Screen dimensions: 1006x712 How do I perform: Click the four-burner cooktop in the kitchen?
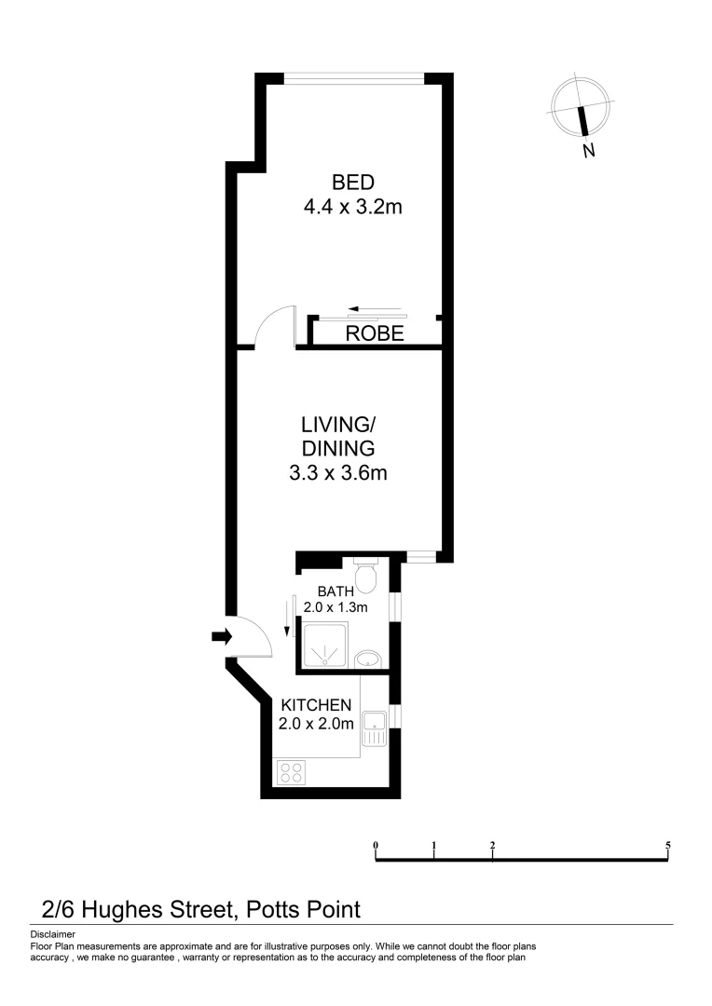click(x=291, y=771)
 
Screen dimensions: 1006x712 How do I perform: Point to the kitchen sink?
click(x=376, y=727)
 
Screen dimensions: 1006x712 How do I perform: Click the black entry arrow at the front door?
click(x=221, y=636)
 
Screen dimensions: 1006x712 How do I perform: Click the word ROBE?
click(x=375, y=333)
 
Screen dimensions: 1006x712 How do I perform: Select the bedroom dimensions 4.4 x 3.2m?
click(x=352, y=207)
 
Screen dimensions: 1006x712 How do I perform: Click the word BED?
click(x=352, y=182)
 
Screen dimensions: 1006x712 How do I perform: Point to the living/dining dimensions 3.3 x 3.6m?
click(x=337, y=473)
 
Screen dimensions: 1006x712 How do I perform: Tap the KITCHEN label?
click(x=317, y=704)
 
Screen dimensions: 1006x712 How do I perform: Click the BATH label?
click(x=335, y=591)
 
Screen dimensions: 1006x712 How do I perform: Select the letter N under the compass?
click(x=588, y=151)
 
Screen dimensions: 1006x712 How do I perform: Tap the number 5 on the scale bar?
click(x=668, y=846)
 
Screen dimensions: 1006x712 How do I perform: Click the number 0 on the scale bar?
click(x=376, y=846)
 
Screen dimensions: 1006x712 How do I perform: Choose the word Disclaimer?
click(x=53, y=933)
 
